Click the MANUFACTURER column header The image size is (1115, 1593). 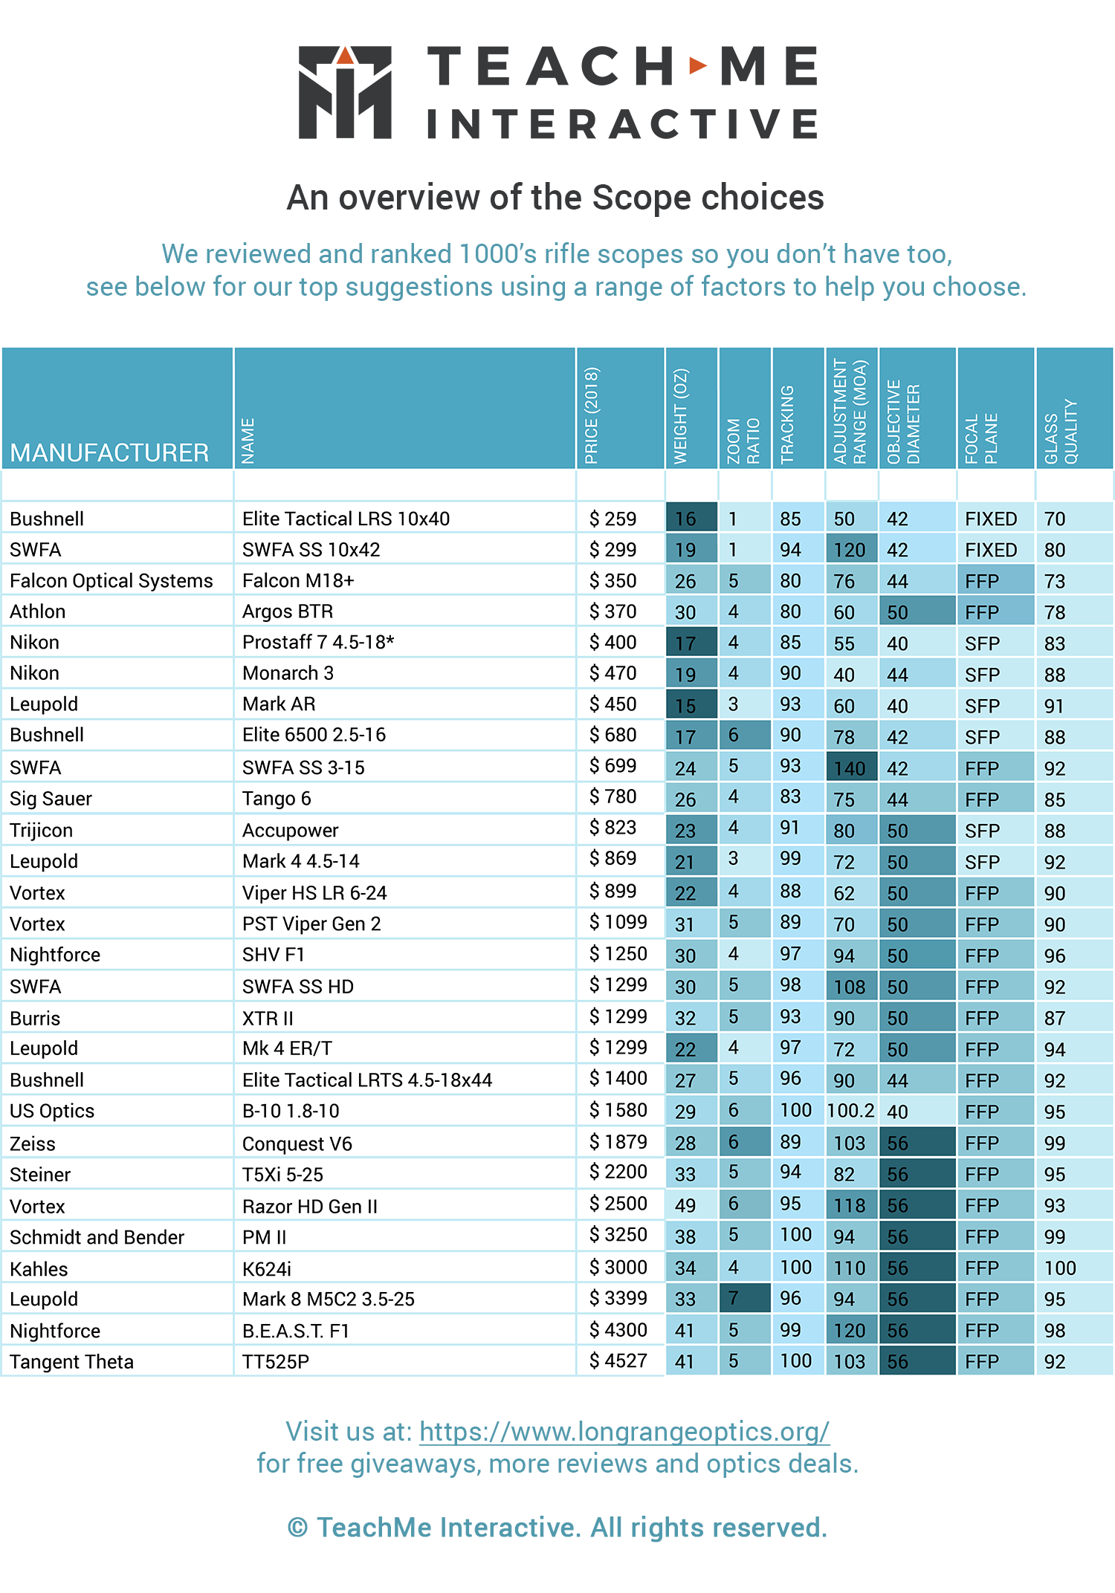pyautogui.click(x=109, y=452)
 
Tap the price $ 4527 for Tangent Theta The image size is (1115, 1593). pyautogui.click(x=618, y=1360)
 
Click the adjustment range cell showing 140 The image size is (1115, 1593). pyautogui.click(x=850, y=768)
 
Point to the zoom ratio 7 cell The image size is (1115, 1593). pyautogui.click(x=734, y=1298)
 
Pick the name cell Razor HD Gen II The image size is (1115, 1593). pyautogui.click(x=310, y=1206)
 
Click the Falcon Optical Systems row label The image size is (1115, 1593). pyautogui.click(x=111, y=580)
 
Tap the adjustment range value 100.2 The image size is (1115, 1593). pyautogui.click(x=850, y=1110)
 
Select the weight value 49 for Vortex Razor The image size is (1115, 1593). pyautogui.click(x=685, y=1205)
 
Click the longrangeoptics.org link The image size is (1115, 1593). pyautogui.click(x=624, y=1431)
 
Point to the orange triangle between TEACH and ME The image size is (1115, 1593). pyautogui.click(x=697, y=65)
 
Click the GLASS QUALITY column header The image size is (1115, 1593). pyautogui.click(x=1061, y=432)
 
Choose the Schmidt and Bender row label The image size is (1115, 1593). pyautogui.click(x=97, y=1236)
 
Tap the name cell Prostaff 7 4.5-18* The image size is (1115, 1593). pyautogui.click(x=318, y=642)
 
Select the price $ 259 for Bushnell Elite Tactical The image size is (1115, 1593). pyautogui.click(x=613, y=519)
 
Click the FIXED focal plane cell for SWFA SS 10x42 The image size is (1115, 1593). pyautogui.click(x=991, y=550)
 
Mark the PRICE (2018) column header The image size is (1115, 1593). pyautogui.click(x=592, y=415)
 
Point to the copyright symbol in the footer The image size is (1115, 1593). pyautogui.click(x=297, y=1528)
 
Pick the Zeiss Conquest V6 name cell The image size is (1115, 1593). pyautogui.click(x=297, y=1143)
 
